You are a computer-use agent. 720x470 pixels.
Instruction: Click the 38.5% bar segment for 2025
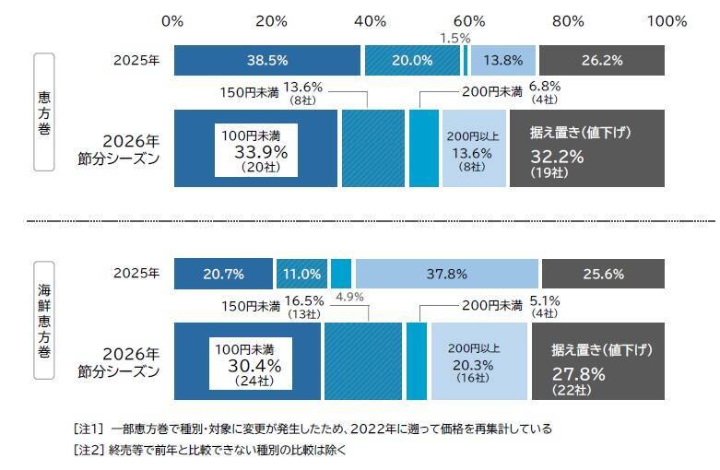point(266,60)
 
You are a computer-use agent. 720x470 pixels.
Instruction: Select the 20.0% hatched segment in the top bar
point(411,60)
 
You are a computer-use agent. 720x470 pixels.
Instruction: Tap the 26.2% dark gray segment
point(601,60)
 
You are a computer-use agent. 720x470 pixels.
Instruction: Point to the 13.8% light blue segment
point(502,60)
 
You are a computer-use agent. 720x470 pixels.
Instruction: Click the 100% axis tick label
point(667,20)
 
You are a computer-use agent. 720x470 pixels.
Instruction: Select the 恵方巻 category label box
point(43,112)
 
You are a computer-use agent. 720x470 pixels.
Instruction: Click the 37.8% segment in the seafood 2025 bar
point(446,274)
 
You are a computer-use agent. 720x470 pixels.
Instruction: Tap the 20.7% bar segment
point(223,274)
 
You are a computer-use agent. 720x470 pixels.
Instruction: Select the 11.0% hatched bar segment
point(301,274)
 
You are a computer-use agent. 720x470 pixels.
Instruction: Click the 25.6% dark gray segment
point(602,274)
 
